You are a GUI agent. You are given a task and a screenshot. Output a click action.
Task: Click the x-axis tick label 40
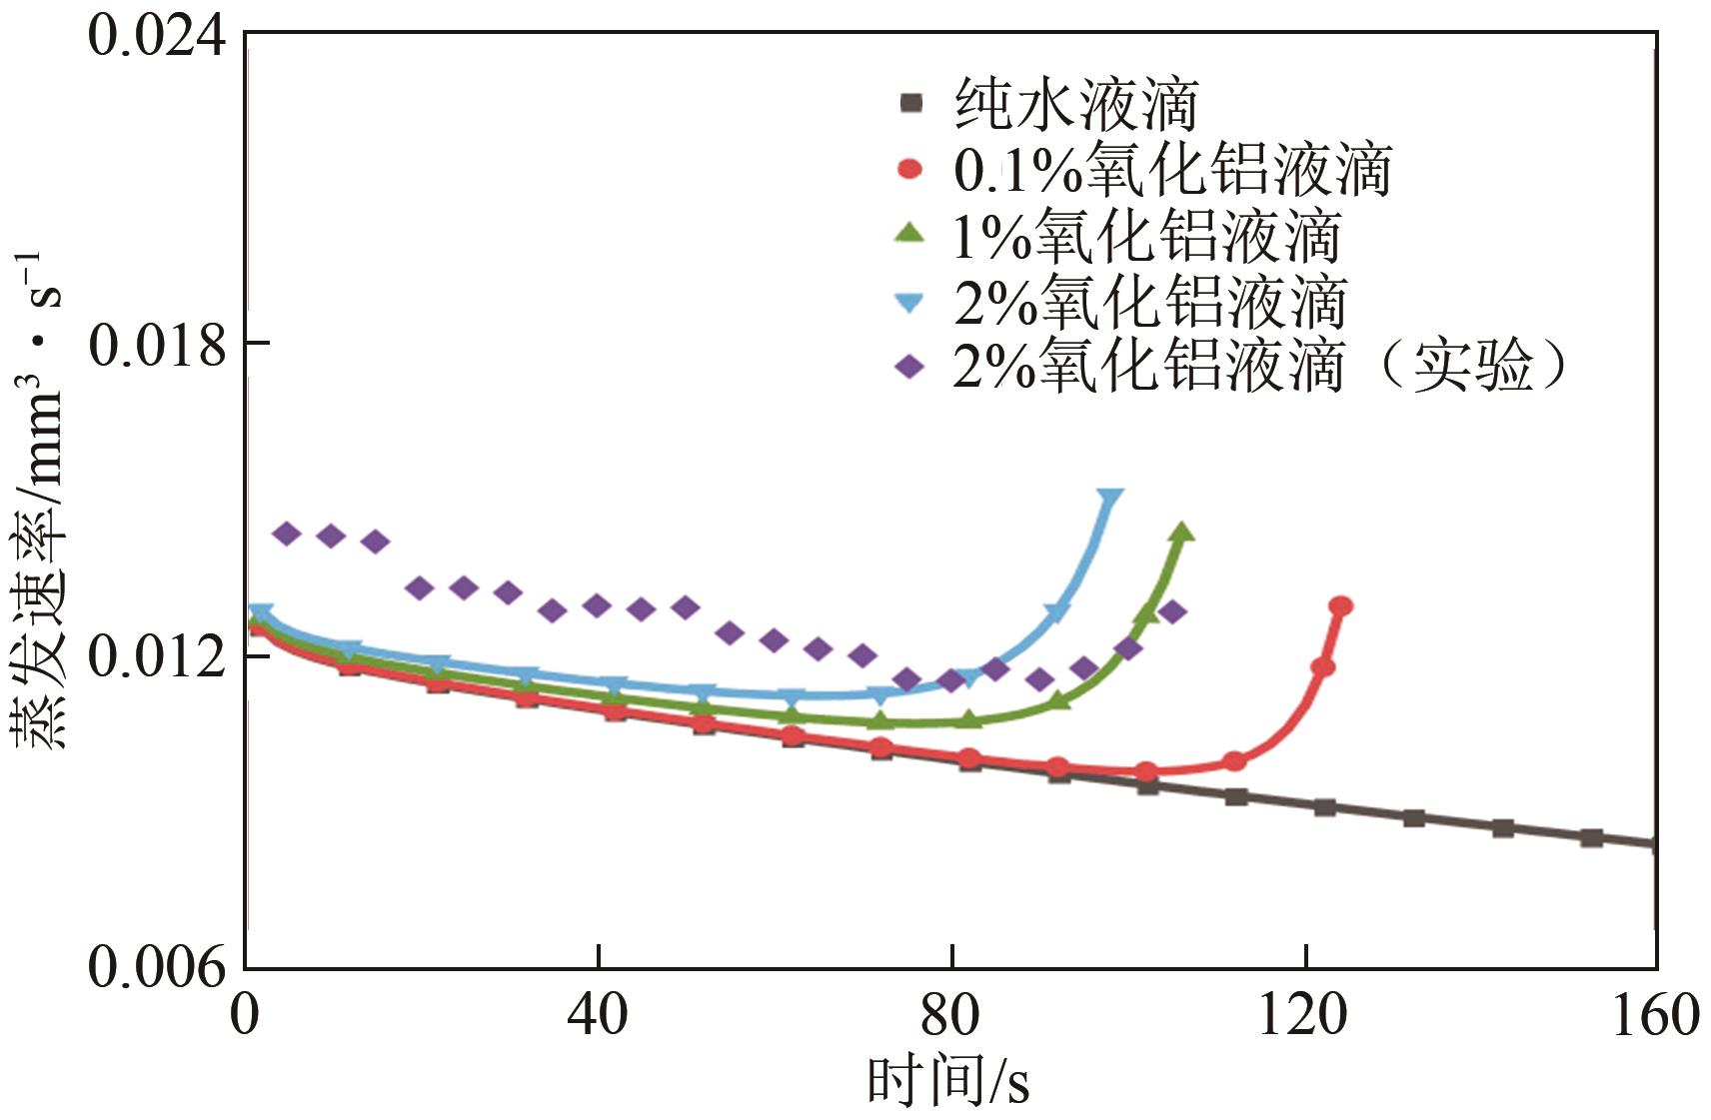pos(598,1015)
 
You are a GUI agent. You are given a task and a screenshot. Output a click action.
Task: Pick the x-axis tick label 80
pos(950,1015)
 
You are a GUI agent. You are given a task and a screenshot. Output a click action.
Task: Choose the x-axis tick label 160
pos(1654,1015)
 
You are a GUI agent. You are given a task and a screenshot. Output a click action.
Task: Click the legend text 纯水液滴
pos(1076,104)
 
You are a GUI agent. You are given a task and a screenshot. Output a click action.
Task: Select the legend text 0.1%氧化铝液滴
pos(1172,170)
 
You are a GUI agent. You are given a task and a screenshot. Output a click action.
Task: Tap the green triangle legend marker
pos(909,233)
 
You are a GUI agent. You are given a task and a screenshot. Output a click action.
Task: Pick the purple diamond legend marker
pos(909,367)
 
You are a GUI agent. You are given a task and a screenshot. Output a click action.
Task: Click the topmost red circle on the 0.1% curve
pos(1341,606)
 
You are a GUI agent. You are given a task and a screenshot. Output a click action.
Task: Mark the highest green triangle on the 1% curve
pos(1182,533)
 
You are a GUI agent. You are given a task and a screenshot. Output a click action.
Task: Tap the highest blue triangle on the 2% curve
pos(1110,497)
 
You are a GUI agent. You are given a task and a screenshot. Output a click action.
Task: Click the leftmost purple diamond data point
pos(287,534)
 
